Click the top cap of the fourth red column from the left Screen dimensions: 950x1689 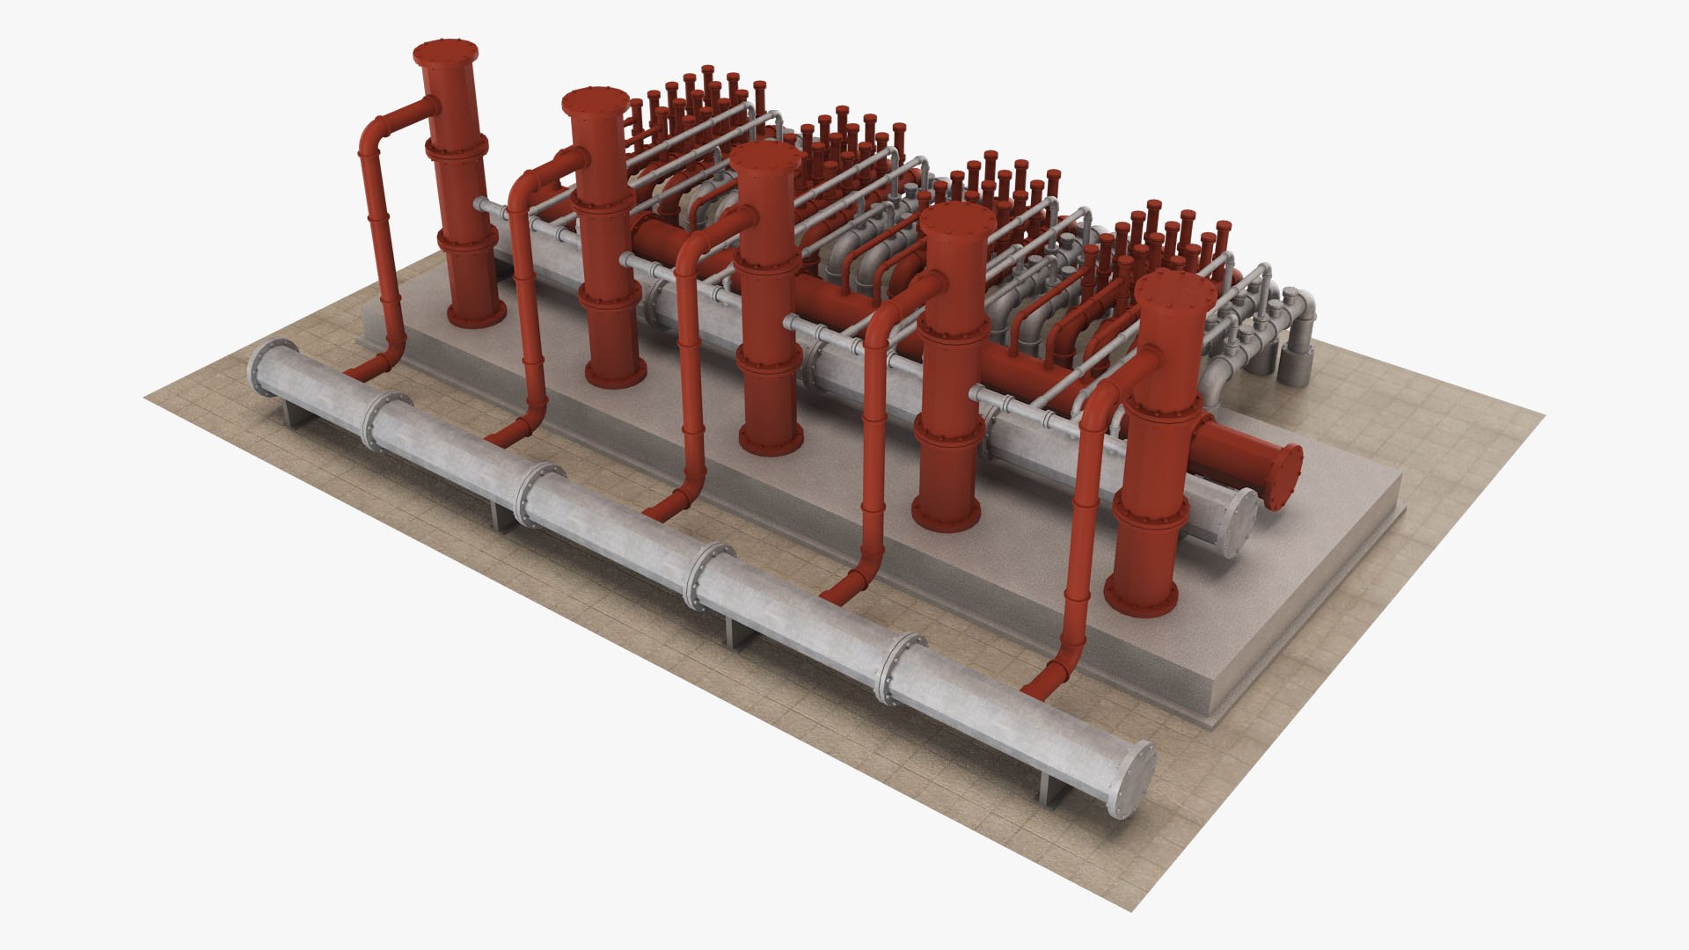point(957,219)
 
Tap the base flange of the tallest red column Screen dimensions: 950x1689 point(477,313)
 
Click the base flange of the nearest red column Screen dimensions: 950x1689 point(1141,598)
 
